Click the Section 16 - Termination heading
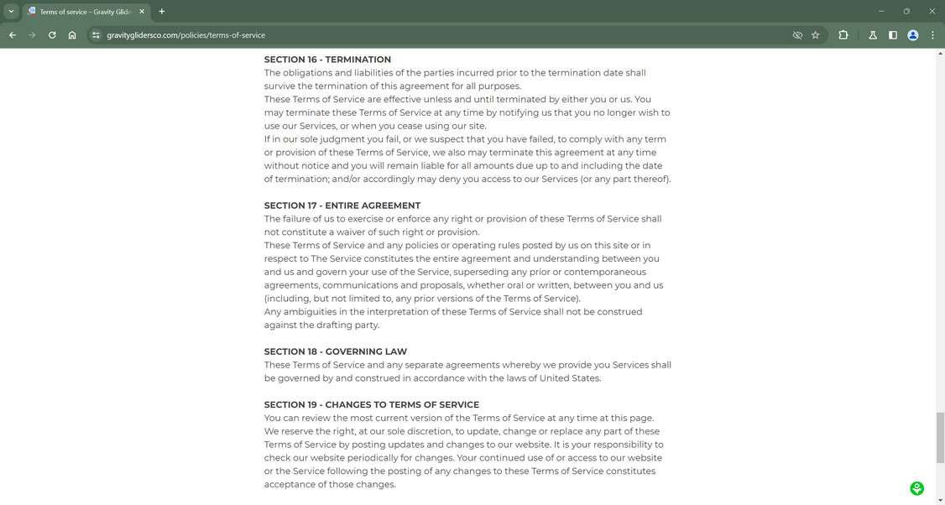[x=327, y=60]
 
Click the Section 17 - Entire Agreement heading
[x=342, y=206]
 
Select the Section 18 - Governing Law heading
[x=335, y=351]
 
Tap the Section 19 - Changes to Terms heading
[x=371, y=404]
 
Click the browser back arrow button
[x=13, y=35]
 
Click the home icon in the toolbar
[x=72, y=35]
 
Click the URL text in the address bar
[x=185, y=35]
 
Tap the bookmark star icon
[x=815, y=35]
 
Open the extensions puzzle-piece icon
[x=843, y=35]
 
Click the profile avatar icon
[x=912, y=35]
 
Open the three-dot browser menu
[x=932, y=35]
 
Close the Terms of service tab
[x=142, y=12]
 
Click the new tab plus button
[x=162, y=12]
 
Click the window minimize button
[x=881, y=12]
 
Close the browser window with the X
[x=932, y=12]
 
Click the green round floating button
[x=916, y=488]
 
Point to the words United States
[x=570, y=378]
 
